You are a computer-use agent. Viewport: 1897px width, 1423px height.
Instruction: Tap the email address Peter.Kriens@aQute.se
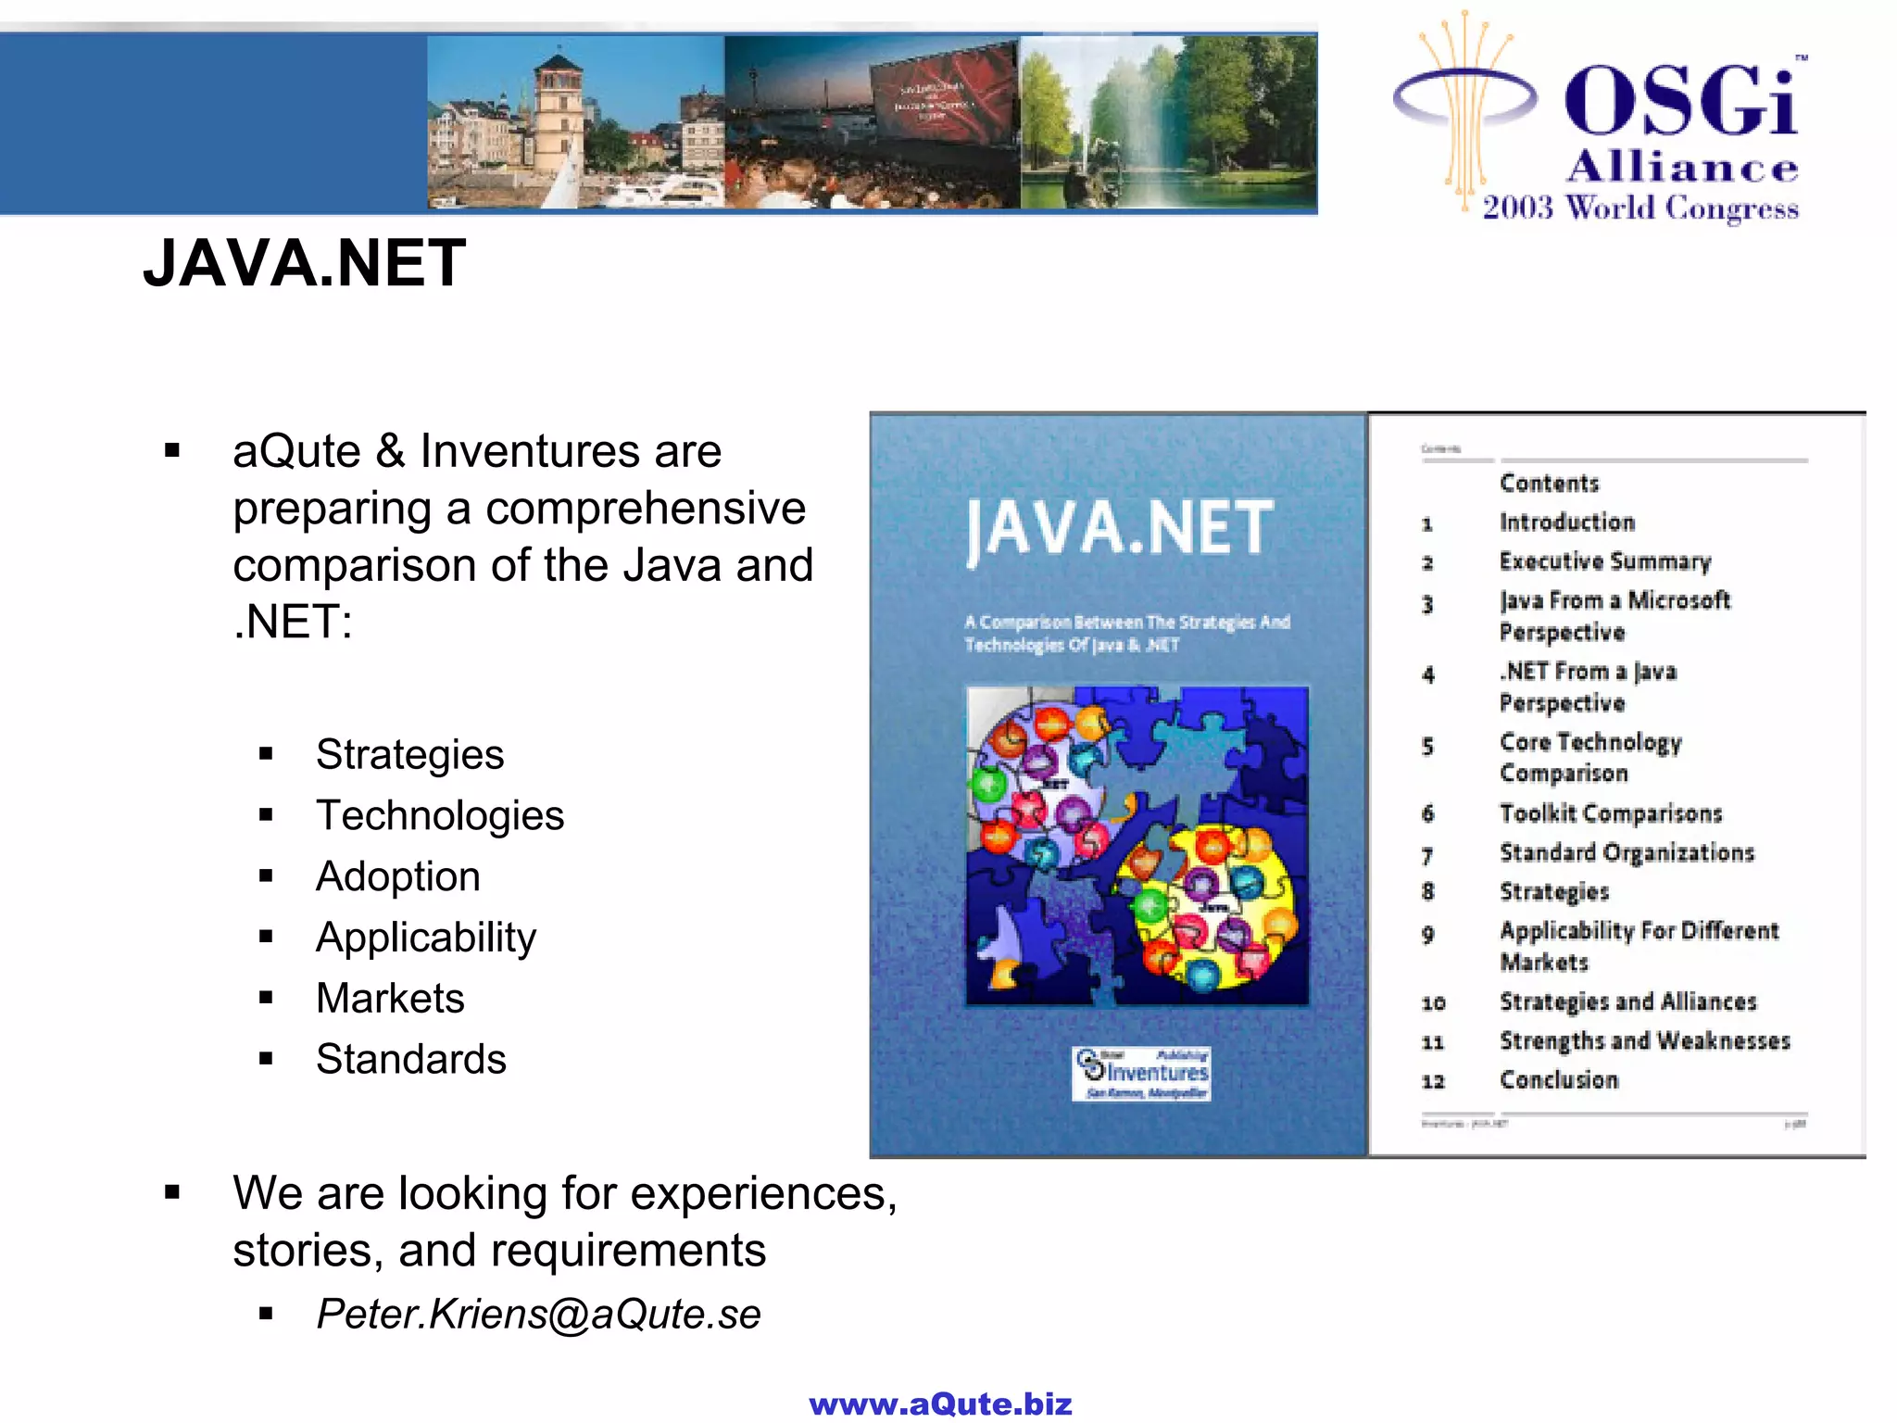pos(538,1314)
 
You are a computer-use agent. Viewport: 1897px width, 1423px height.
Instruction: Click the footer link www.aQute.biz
pos(940,1404)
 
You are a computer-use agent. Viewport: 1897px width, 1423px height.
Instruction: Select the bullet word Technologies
pos(439,816)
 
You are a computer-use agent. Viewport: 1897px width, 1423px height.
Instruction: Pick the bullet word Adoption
pos(397,876)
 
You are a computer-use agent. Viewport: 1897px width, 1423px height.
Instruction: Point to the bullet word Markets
pos(390,999)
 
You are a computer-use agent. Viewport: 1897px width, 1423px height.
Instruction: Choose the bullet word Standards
pos(410,1059)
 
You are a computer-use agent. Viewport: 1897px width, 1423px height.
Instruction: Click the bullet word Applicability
pos(425,938)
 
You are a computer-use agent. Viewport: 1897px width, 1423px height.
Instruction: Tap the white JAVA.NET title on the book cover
pos(1120,529)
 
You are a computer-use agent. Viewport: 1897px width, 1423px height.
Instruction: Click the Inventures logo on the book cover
pos(1141,1074)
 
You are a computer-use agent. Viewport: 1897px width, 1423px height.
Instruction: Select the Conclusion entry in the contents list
pos(1559,1080)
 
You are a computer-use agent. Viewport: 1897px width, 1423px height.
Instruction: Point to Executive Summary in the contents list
pos(1605,561)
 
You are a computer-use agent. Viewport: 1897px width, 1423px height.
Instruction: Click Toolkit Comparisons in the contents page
pos(1611,813)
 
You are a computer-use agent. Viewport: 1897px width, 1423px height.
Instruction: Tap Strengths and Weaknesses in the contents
pos(1645,1041)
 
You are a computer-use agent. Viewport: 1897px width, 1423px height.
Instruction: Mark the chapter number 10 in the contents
pos(1433,1003)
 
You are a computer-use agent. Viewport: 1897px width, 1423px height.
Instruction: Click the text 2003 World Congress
pos(1640,208)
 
